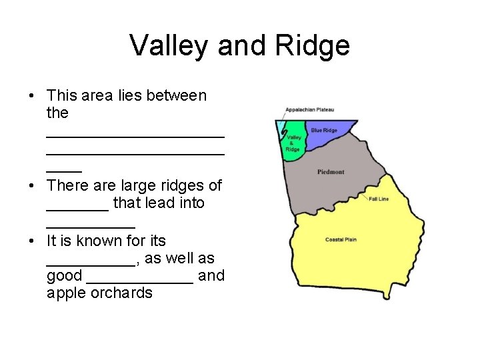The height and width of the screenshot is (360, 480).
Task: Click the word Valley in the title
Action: (x=169, y=46)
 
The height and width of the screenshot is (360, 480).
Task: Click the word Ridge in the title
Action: (x=315, y=46)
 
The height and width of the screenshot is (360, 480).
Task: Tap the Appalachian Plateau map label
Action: (x=309, y=109)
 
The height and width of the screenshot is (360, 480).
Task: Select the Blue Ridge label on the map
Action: (x=324, y=130)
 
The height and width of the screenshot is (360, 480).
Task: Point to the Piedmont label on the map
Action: (x=331, y=172)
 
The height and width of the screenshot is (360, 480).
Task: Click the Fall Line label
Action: (x=379, y=199)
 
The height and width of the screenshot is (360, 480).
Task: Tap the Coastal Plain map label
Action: (x=341, y=239)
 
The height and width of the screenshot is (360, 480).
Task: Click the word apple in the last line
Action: (x=66, y=293)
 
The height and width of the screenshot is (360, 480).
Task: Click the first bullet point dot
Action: (x=32, y=96)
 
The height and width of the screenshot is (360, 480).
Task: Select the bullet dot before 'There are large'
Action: (x=32, y=185)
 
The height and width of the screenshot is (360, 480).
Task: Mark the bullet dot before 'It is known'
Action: (x=32, y=241)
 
